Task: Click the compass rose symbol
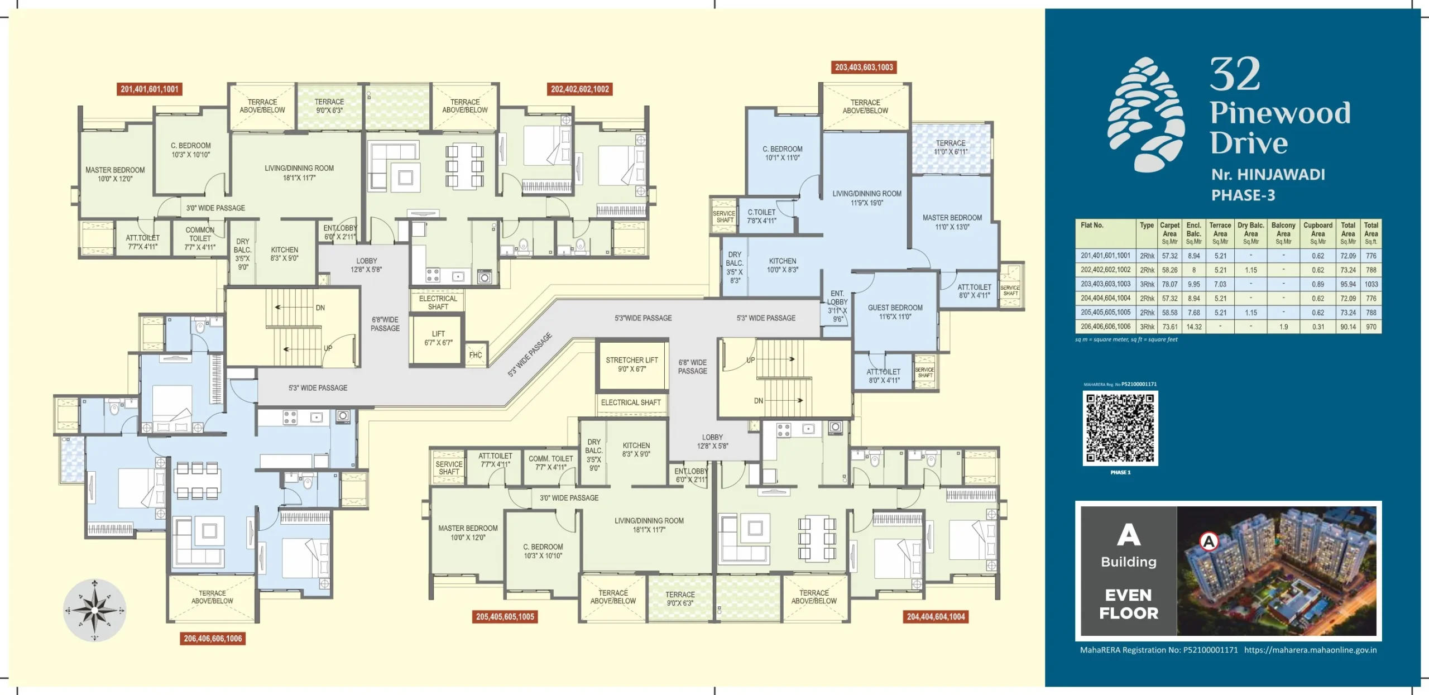94,610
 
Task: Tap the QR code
1120,428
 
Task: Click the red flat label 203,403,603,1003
864,68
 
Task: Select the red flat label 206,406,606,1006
213,639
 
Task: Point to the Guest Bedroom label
895,312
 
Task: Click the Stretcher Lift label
632,365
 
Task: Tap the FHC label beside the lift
476,355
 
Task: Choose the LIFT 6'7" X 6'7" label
438,338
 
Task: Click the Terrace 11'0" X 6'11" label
951,147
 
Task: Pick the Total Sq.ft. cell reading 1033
1371,284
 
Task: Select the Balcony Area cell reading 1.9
1283,327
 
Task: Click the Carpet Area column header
1169,233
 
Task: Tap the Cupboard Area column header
1317,233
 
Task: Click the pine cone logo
1146,114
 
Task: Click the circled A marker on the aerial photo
1209,541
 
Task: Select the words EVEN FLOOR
1129,604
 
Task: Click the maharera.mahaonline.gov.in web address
1310,650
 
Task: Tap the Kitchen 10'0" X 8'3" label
783,265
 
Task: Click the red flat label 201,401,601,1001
150,89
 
